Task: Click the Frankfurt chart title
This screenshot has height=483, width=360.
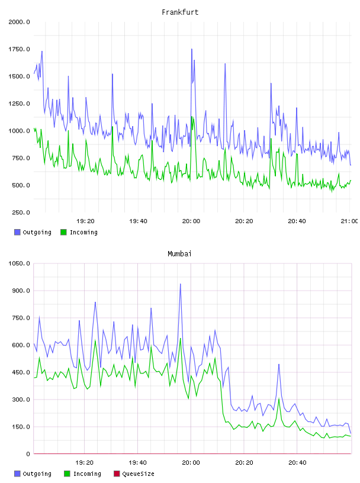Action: tap(180, 12)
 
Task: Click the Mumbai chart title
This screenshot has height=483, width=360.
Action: tap(179, 254)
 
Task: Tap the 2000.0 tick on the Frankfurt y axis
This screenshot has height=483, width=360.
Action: tap(20, 22)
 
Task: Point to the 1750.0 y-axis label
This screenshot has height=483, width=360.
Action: tap(20, 49)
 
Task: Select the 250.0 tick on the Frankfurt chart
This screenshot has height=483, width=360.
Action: tap(21, 212)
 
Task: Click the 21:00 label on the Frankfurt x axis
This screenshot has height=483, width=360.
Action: tap(349, 221)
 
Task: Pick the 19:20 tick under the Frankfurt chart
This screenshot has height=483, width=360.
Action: tap(85, 221)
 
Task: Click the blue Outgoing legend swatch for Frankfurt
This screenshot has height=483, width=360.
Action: tap(17, 232)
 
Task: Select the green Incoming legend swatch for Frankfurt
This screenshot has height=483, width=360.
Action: tap(63, 232)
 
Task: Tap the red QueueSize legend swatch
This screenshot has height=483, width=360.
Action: tap(117, 474)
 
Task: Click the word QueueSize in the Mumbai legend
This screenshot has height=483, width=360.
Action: tap(139, 474)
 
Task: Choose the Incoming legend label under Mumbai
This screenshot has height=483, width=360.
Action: tap(87, 474)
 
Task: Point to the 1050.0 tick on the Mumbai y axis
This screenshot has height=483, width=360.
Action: tap(20, 263)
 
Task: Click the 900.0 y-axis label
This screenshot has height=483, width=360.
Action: tap(21, 291)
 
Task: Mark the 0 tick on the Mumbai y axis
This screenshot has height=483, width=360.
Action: tap(28, 454)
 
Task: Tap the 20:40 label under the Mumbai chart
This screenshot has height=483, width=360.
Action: tap(297, 463)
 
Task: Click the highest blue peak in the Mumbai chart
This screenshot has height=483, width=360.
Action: tap(181, 284)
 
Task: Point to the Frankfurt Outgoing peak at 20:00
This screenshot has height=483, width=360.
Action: tap(192, 49)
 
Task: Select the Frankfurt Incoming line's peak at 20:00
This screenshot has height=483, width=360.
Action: tap(192, 117)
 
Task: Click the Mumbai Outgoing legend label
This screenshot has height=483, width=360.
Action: tap(37, 474)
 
